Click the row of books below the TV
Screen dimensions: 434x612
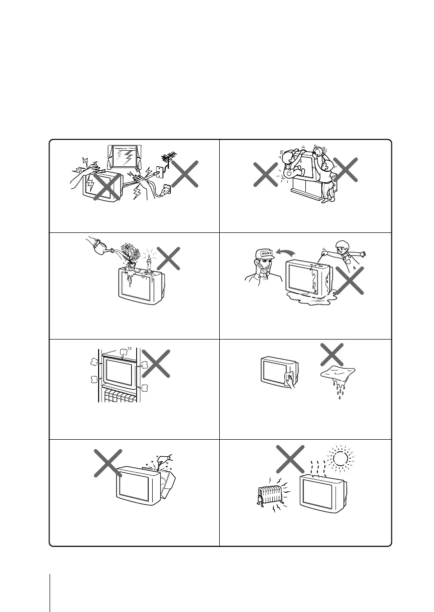click(x=118, y=394)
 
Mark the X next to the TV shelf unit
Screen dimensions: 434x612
click(x=157, y=363)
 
